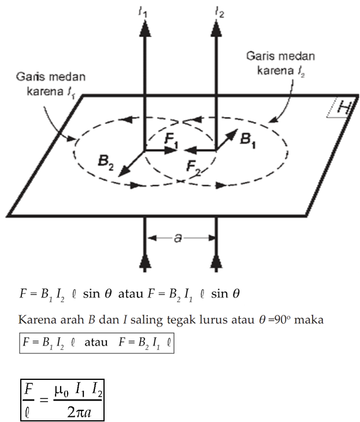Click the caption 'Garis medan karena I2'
(x=273, y=64)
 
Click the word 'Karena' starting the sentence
(x=34, y=319)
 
